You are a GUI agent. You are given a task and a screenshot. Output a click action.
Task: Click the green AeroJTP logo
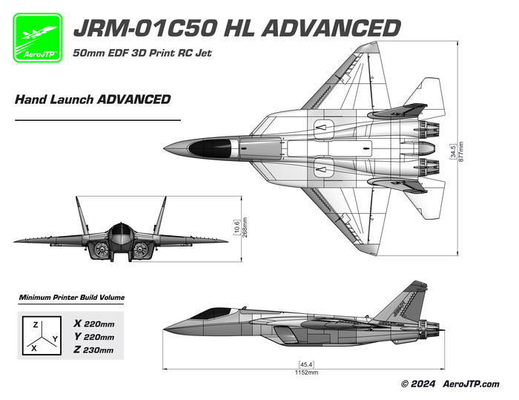pos(37,37)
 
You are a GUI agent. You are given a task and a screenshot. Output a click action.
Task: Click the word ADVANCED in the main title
pos(331,28)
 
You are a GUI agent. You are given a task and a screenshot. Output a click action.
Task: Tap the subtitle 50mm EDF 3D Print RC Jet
pos(142,53)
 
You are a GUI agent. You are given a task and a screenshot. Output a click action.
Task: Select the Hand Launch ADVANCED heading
pos(93,99)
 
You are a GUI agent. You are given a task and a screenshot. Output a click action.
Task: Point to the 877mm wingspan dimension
pos(461,152)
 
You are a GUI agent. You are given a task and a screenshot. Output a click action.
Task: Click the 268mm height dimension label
pos(245,227)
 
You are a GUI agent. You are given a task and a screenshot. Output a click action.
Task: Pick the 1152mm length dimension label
pos(306,373)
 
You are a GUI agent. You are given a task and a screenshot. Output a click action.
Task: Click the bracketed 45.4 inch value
pos(306,364)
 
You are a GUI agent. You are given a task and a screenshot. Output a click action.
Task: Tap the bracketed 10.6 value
pos(237,227)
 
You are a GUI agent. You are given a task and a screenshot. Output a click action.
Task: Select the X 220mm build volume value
pos(94,324)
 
